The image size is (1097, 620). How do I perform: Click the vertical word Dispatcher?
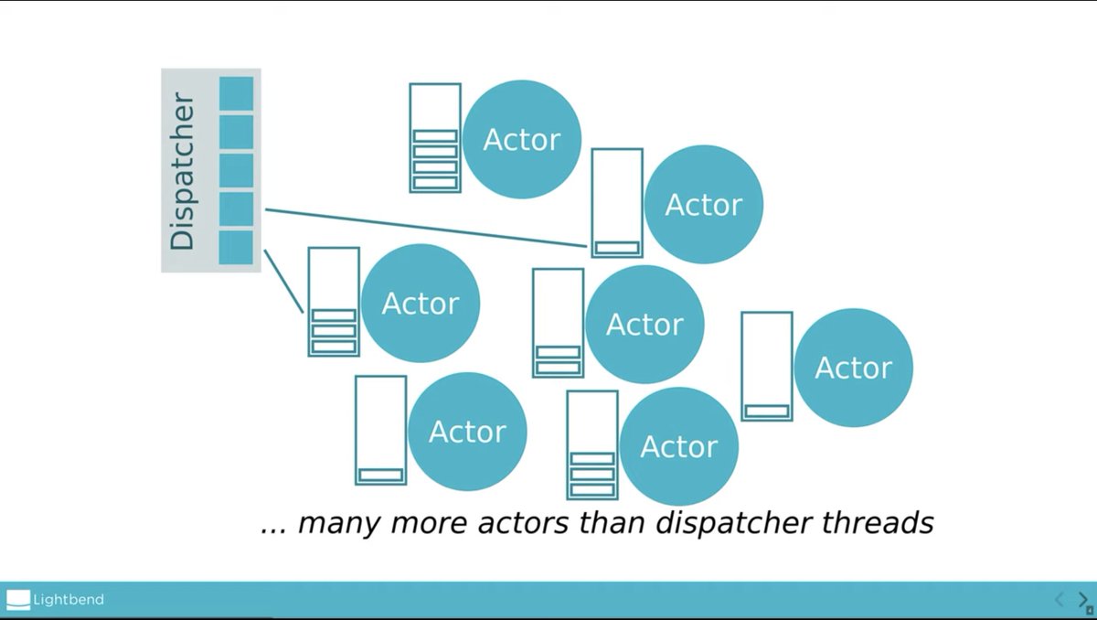pos(183,171)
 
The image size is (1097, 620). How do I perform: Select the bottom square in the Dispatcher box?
pos(236,247)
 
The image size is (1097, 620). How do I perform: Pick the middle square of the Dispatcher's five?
pos(236,170)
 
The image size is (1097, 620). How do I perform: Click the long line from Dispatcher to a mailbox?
pos(425,228)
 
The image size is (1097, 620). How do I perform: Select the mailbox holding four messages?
pos(435,137)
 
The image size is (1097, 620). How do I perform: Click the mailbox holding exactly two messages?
pos(558,322)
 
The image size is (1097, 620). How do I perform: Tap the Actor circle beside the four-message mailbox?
pos(522,140)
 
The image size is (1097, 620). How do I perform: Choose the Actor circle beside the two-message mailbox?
pos(644,325)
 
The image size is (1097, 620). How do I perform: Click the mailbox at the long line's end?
pos(617,203)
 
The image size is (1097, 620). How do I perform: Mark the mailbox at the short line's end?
pos(334,301)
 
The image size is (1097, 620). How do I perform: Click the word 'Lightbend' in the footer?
pos(69,600)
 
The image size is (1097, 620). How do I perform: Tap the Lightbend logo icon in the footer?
pos(18,600)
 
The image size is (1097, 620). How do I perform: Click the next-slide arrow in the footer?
pos(1083,599)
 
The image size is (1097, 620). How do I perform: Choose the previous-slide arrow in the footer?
pos(1060,599)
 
